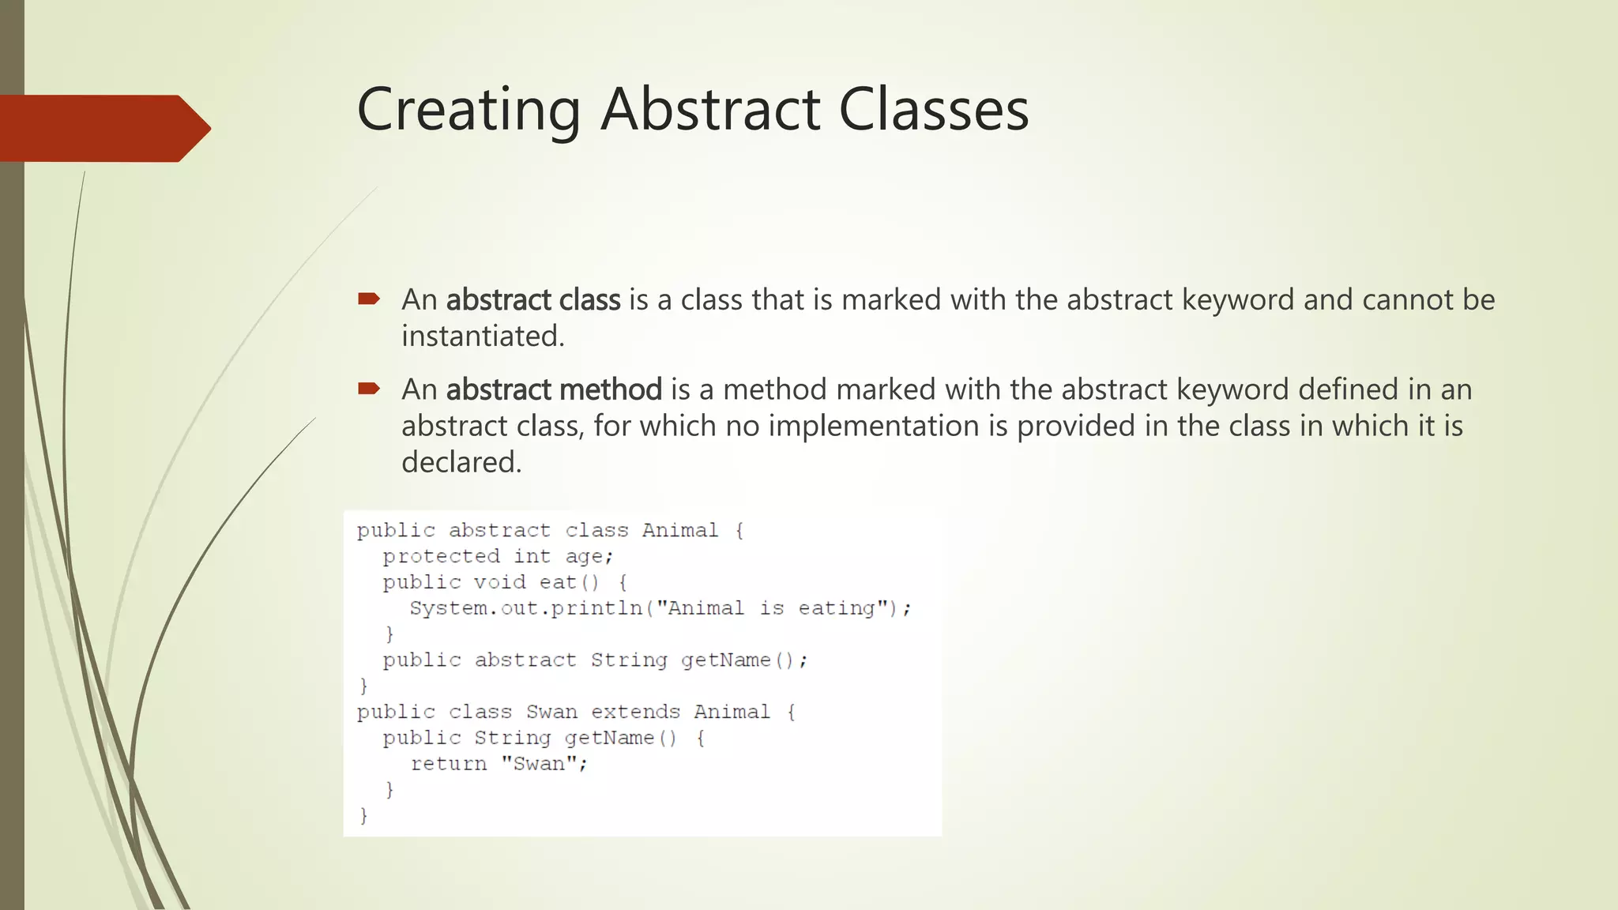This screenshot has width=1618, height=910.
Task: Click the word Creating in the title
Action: pyautogui.click(x=468, y=110)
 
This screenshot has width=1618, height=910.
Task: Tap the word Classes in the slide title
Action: pyautogui.click(x=933, y=110)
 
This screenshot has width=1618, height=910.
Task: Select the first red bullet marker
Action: pyautogui.click(x=368, y=299)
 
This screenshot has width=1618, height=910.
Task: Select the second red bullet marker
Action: pyautogui.click(x=368, y=388)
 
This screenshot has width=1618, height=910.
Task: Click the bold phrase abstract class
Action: pyautogui.click(x=533, y=300)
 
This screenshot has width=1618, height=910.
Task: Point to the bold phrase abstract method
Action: pyautogui.click(x=554, y=389)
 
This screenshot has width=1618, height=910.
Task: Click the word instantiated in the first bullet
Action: pyautogui.click(x=483, y=337)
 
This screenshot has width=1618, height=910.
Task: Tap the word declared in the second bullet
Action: pyautogui.click(x=461, y=462)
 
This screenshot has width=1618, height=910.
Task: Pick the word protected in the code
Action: pyautogui.click(x=441, y=557)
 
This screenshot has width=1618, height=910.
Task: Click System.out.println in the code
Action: pyautogui.click(x=525, y=608)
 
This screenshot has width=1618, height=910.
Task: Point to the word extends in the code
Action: pyautogui.click(x=635, y=713)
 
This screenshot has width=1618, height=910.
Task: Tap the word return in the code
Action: pyautogui.click(x=448, y=764)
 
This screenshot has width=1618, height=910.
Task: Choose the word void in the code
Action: pyautogui.click(x=499, y=583)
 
